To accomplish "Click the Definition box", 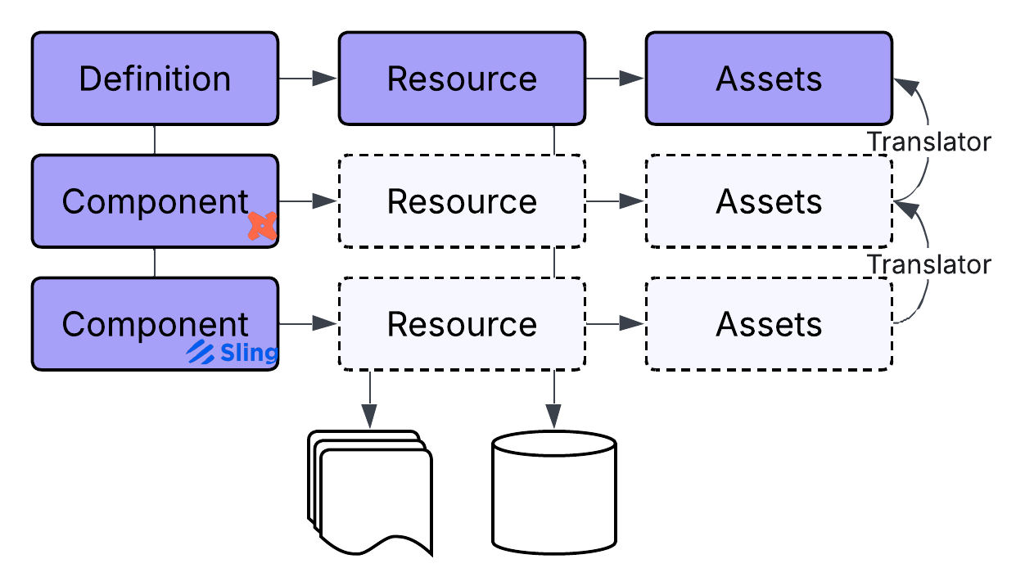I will pos(155,79).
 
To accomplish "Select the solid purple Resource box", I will pos(462,79).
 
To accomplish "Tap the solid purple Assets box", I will pos(769,79).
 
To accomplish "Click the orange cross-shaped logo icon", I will pos(263,226).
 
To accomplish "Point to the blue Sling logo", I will pos(233,353).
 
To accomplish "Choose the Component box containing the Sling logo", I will pos(155,324).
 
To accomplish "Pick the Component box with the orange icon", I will pos(155,201).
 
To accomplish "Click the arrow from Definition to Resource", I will pos(308,79).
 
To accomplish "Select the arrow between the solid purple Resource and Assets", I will pos(615,79).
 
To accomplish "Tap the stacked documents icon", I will pos(369,492).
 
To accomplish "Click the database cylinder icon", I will pos(554,491).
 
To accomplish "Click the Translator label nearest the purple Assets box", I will pos(929,142).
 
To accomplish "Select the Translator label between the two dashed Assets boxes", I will pos(929,264).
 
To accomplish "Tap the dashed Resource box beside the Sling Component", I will pos(462,324).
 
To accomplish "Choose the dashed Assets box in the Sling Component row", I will pos(769,324).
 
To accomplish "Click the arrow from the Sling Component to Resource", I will pos(308,324).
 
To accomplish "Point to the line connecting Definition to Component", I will pos(155,140).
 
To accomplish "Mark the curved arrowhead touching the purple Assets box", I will pos(902,83).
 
